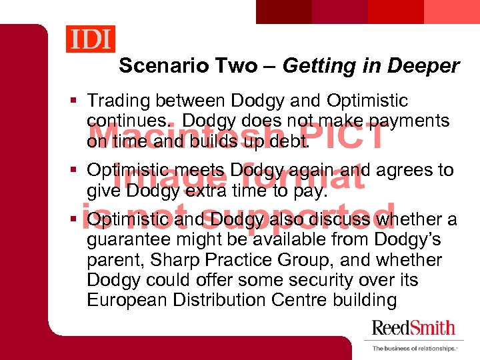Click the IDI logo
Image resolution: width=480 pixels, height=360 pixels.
(90, 38)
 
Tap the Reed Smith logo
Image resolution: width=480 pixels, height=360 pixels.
(413, 327)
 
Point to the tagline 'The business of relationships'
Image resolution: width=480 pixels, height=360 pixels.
(413, 348)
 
